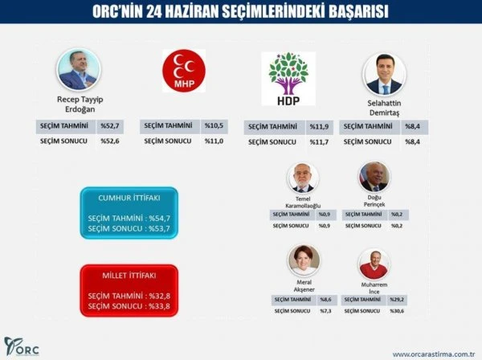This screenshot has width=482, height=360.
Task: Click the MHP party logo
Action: coord(183,72)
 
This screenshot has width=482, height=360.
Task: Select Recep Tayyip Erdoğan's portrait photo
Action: coord(79,69)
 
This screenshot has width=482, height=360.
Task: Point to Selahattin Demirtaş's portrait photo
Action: coord(383,75)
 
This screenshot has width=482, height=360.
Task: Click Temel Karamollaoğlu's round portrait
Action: coord(304,178)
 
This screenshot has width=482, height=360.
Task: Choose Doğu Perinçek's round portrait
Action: coord(374,177)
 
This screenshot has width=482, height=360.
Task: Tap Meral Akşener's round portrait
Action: coord(304,260)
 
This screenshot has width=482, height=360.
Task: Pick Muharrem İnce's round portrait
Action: coord(374,263)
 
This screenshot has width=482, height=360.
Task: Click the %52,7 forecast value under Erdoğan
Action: coord(110,126)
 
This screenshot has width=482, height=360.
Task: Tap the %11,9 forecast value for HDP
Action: coord(321,127)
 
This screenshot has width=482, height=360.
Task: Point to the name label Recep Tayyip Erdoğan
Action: coord(78,104)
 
